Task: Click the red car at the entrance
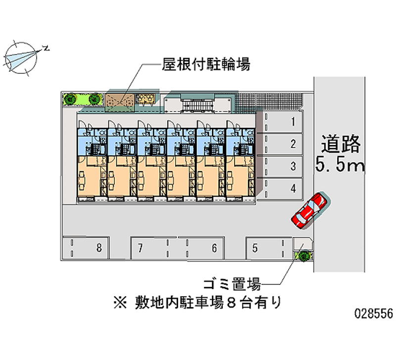point(309,210)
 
